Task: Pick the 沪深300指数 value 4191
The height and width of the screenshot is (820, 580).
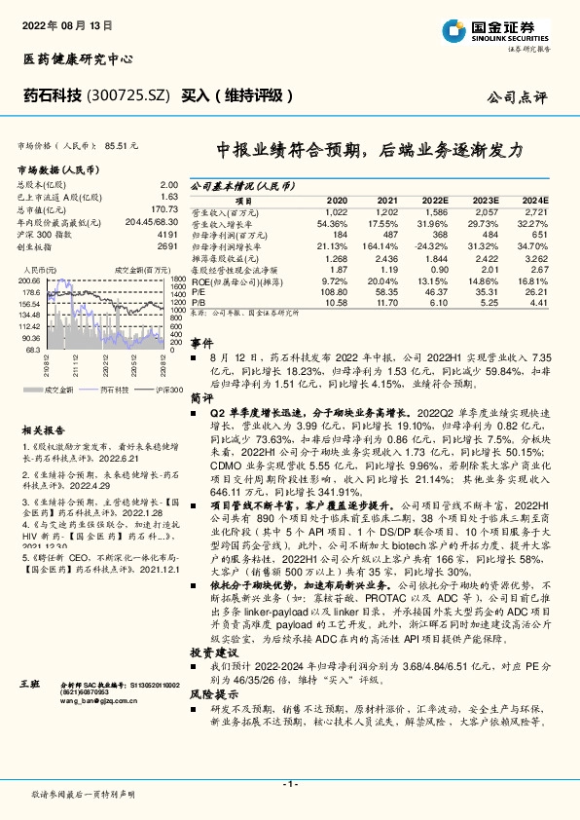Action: (167, 234)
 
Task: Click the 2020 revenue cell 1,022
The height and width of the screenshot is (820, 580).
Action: (335, 211)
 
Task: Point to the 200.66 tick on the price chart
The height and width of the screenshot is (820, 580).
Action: (31, 280)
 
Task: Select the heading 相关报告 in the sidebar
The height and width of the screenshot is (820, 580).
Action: (43, 429)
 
